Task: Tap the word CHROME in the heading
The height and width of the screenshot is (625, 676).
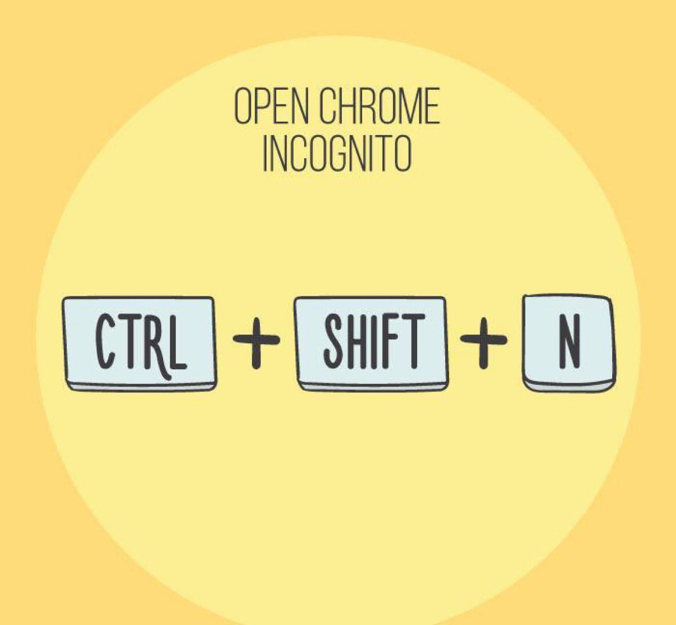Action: pos(378,107)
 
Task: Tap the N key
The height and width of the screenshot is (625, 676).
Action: pos(569,343)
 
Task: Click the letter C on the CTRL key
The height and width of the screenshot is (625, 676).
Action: pos(107,342)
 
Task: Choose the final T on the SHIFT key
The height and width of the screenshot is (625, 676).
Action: pos(413,342)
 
